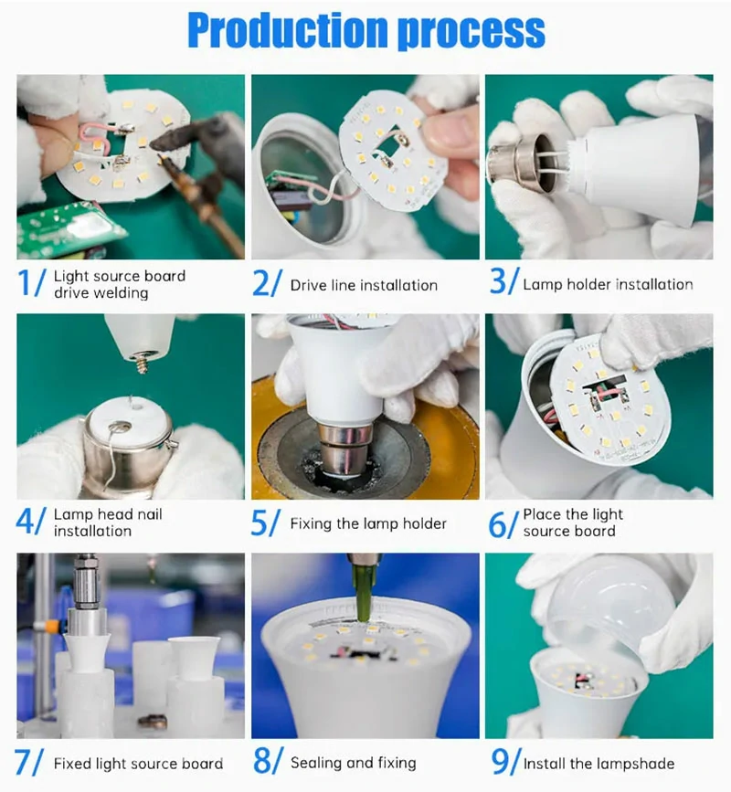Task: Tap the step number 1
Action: click(x=25, y=282)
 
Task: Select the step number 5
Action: click(x=259, y=523)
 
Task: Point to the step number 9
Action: click(x=499, y=761)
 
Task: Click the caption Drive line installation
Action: click(x=364, y=285)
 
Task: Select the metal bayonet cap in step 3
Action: click(x=520, y=162)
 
